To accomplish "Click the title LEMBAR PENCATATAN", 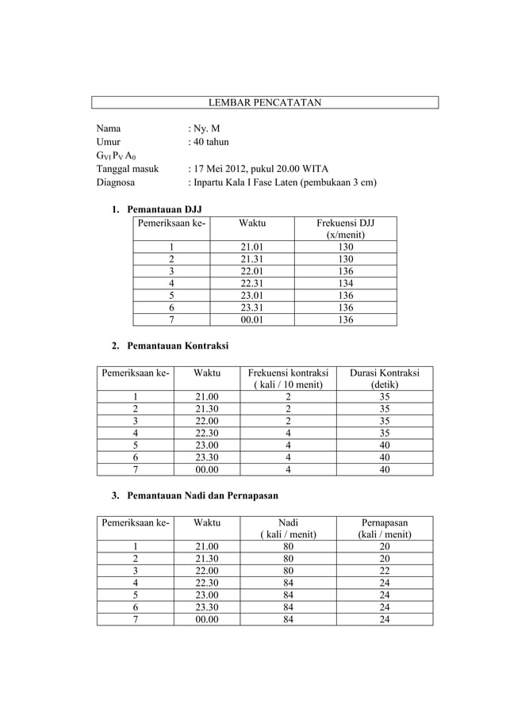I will click(264, 103).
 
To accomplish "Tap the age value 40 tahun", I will click(210, 142).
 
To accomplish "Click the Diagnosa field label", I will click(116, 182).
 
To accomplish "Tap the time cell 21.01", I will click(253, 247).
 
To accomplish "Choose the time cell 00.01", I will click(253, 319).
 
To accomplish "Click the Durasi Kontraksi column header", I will click(385, 379).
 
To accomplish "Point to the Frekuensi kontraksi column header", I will click(288, 379).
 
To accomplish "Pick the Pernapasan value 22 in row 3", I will click(385, 571).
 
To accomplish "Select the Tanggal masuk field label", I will click(128, 169).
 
